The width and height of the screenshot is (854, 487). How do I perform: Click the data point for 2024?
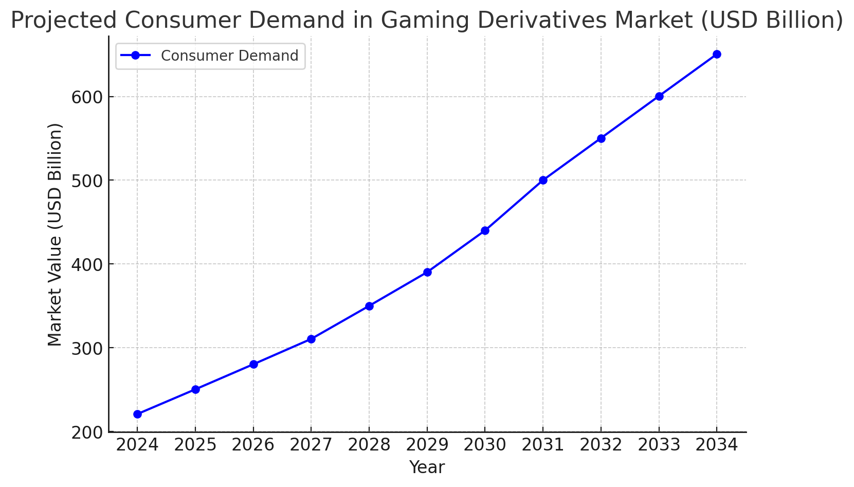click(x=137, y=414)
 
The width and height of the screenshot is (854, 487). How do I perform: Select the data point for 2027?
click(x=311, y=339)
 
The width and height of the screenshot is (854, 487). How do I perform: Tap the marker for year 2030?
click(x=485, y=230)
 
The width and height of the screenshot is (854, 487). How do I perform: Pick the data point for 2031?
click(x=543, y=180)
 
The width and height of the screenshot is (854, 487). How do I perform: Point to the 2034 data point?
click(x=717, y=54)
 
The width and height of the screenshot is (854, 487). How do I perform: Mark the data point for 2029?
click(x=427, y=272)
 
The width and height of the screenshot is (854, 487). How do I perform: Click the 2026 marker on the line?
click(x=253, y=364)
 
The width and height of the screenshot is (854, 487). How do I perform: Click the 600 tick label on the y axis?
click(x=87, y=97)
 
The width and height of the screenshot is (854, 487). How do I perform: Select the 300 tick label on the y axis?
click(x=87, y=348)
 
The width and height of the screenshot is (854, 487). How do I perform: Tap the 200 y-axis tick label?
click(x=87, y=432)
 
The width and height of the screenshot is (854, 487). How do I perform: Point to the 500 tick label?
click(x=87, y=181)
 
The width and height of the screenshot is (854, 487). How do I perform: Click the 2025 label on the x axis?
click(x=195, y=445)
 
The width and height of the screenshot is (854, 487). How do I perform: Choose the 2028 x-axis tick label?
click(x=369, y=445)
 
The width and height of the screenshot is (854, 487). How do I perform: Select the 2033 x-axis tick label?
click(x=659, y=445)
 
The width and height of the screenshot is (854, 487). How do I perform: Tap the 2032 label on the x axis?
click(x=601, y=445)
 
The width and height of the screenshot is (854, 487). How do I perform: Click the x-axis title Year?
click(x=427, y=467)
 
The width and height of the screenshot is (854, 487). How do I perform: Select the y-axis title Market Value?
click(x=55, y=235)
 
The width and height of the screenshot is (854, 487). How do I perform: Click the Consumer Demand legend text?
click(x=229, y=56)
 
